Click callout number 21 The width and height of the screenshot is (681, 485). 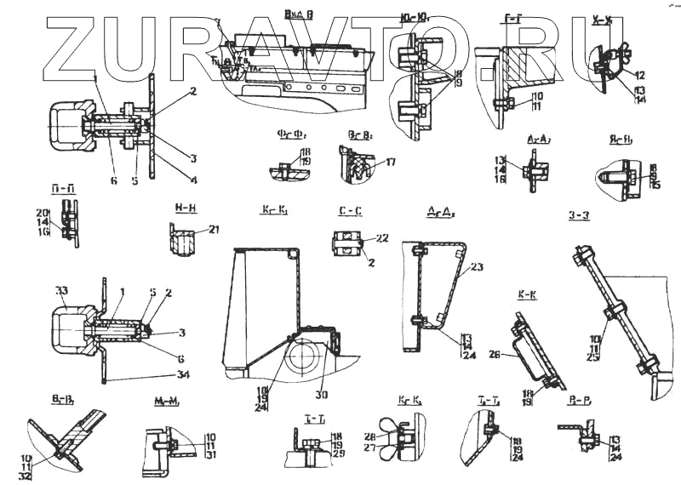tap(214, 229)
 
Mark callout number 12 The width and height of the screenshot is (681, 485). tap(640, 75)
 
